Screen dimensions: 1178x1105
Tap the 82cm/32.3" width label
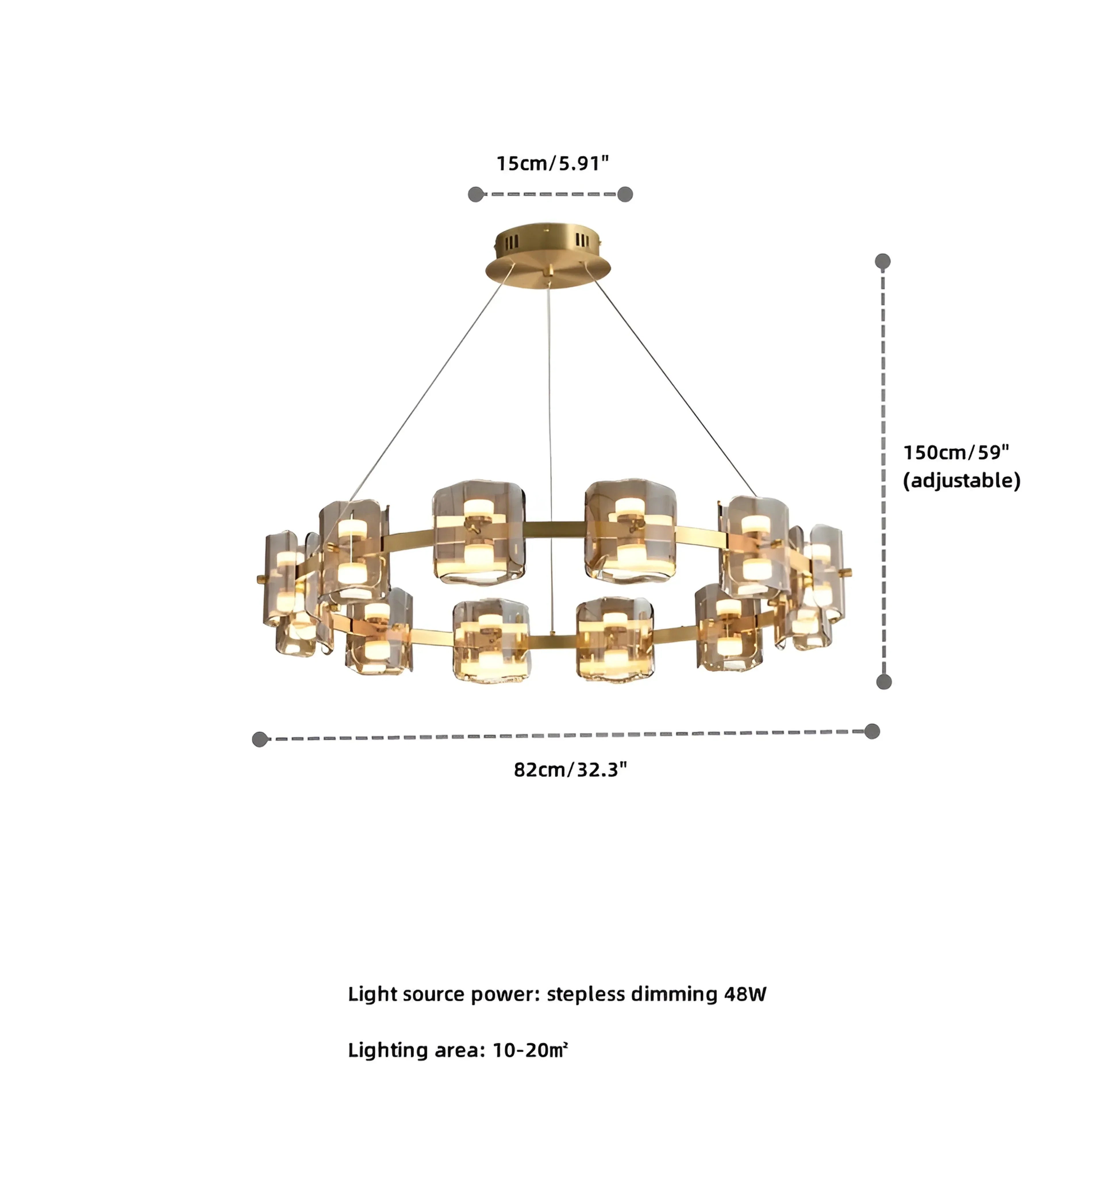click(x=570, y=770)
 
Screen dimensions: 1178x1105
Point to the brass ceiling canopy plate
click(x=548, y=261)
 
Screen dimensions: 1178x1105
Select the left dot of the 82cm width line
click(x=260, y=739)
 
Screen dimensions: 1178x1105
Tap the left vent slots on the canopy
click(x=511, y=242)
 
